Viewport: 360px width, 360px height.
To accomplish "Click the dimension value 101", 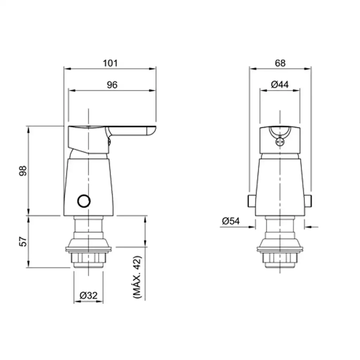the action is click(x=110, y=63).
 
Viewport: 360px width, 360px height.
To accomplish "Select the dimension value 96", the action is click(x=112, y=85).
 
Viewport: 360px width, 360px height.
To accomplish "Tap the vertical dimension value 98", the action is click(x=23, y=171).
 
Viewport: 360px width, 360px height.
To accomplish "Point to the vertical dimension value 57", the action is click(x=23, y=241).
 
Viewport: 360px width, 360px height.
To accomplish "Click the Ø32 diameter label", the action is click(x=88, y=295).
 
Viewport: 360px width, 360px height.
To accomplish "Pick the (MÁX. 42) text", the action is click(x=137, y=277).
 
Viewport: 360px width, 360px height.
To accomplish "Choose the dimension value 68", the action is click(x=280, y=63).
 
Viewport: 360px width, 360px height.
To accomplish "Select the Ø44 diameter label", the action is click(x=279, y=84).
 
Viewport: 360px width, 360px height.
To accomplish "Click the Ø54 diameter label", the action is click(x=231, y=221).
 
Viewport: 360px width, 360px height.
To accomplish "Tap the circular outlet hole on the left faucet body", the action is click(x=84, y=201).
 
